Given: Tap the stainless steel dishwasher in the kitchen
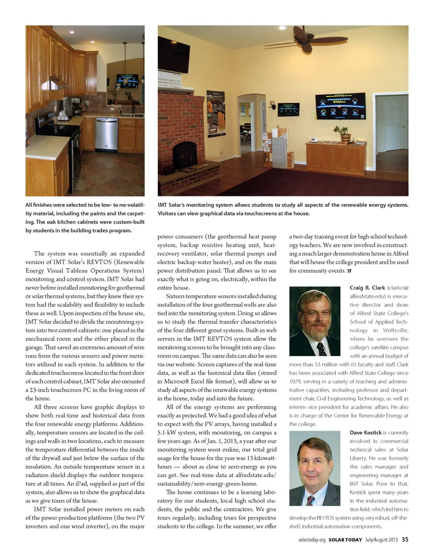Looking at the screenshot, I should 107,135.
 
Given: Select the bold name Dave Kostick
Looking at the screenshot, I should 366,433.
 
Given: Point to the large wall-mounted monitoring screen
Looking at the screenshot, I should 340,106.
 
